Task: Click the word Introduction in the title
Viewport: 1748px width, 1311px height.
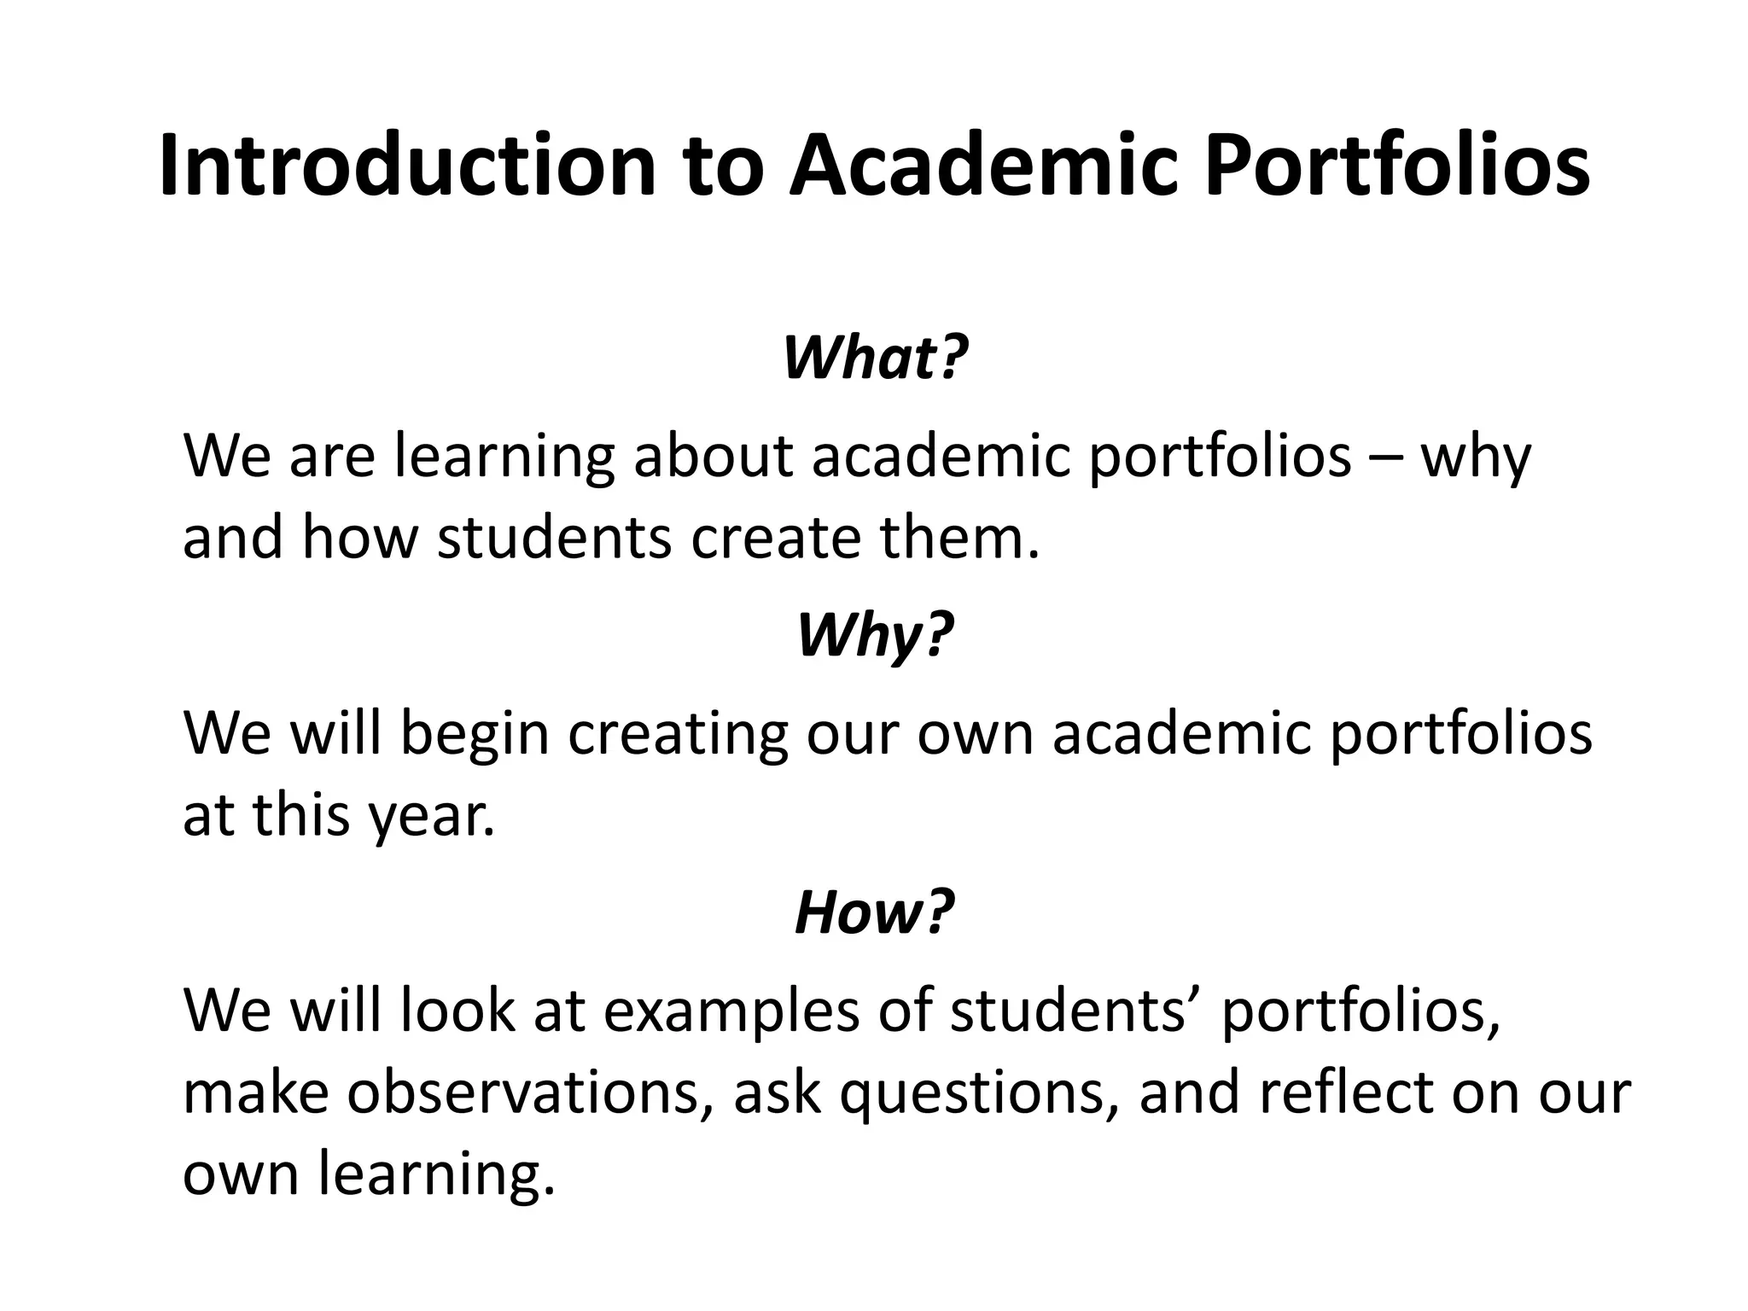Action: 408,166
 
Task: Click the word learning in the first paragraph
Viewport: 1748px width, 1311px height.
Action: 504,457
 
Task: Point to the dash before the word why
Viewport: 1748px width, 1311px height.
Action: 1386,457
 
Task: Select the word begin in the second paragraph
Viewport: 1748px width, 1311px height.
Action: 475,734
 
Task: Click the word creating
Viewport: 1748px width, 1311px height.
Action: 679,734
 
